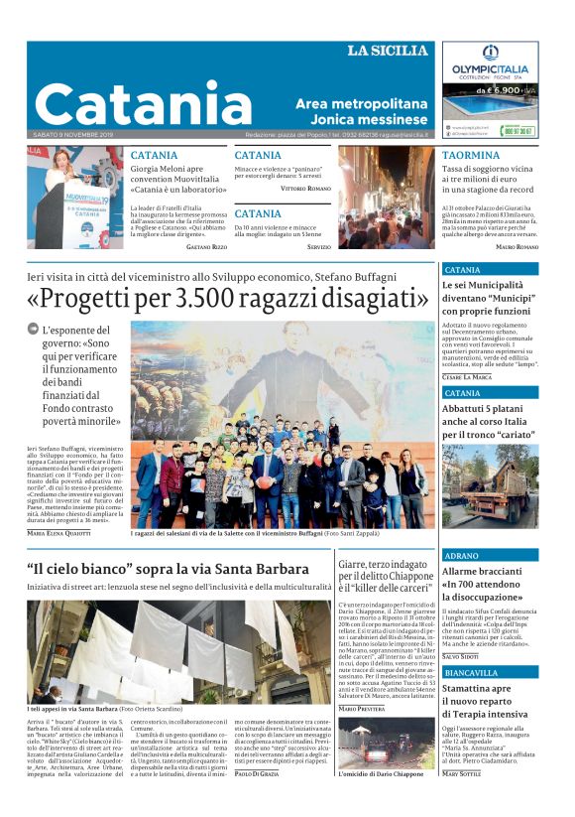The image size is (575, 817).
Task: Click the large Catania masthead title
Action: click(x=143, y=103)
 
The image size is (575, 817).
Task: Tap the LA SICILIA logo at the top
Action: click(x=387, y=51)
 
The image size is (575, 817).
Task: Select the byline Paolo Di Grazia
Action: click(x=258, y=800)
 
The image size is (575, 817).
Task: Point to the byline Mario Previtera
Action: click(x=361, y=708)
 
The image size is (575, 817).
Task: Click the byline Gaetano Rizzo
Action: click(x=206, y=246)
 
